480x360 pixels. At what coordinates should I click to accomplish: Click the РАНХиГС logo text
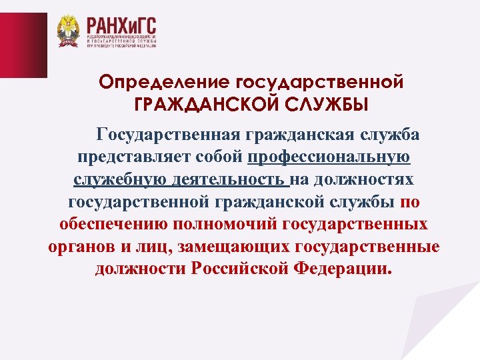[x=121, y=27]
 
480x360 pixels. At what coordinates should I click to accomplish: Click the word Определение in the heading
[x=163, y=82]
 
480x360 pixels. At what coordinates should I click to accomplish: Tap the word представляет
[x=130, y=158]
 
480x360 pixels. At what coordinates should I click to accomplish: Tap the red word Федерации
[x=344, y=268]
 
